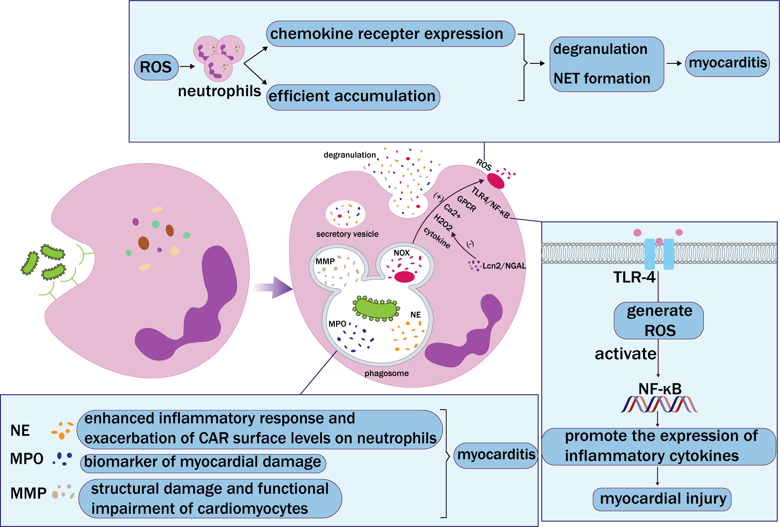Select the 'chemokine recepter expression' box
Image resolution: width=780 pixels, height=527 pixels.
[390, 34]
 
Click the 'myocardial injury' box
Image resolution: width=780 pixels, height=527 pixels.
[663, 499]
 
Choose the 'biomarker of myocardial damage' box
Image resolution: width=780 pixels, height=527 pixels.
[203, 462]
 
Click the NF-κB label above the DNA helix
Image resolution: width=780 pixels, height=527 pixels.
[660, 389]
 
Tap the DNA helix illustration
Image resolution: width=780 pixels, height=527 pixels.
[659, 404]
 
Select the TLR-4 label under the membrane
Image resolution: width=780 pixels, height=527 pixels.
[634, 277]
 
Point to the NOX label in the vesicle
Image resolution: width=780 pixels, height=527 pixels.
[401, 253]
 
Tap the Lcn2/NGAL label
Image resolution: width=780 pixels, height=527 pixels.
[504, 266]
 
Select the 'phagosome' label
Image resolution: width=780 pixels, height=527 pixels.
[386, 373]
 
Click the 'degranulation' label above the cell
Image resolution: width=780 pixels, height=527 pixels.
[349, 155]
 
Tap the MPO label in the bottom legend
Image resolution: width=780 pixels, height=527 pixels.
[27, 459]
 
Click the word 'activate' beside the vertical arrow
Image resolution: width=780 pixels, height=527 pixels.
[625, 354]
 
